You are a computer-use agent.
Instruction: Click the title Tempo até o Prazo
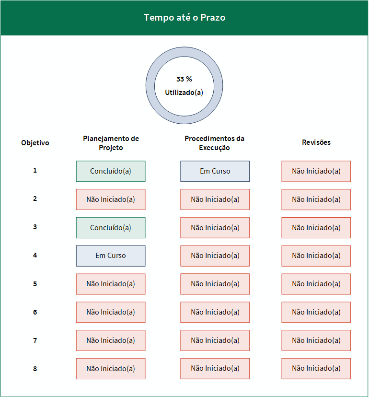pyautogui.click(x=184, y=17)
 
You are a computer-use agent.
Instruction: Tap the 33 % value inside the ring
pyautogui.click(x=184, y=79)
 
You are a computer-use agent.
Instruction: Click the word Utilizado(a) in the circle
pyautogui.click(x=184, y=93)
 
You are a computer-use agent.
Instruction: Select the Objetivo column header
pyautogui.click(x=35, y=143)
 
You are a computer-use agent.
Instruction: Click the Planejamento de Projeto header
pyautogui.click(x=111, y=143)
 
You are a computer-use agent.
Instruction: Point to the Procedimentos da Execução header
pyautogui.click(x=215, y=143)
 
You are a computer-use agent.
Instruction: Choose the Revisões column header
pyautogui.click(x=316, y=142)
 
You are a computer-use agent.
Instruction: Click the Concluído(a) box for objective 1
pyautogui.click(x=111, y=171)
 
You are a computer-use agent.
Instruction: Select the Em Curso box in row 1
pyautogui.click(x=215, y=171)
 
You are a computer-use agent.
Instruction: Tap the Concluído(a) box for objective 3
pyautogui.click(x=111, y=228)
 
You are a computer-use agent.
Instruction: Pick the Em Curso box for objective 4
pyautogui.click(x=111, y=256)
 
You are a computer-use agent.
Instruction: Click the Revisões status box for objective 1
pyautogui.click(x=316, y=171)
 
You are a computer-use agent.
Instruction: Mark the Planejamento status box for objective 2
pyautogui.click(x=111, y=199)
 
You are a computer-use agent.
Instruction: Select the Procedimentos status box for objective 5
pyautogui.click(x=215, y=284)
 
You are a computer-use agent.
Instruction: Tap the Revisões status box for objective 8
pyautogui.click(x=316, y=369)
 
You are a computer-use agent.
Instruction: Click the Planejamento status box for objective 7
pyautogui.click(x=111, y=340)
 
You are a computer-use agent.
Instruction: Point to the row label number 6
pyautogui.click(x=35, y=312)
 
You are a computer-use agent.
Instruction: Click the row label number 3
pyautogui.click(x=35, y=227)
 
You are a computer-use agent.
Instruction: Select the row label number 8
pyautogui.click(x=35, y=369)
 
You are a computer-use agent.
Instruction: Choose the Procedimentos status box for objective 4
pyautogui.click(x=215, y=256)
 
